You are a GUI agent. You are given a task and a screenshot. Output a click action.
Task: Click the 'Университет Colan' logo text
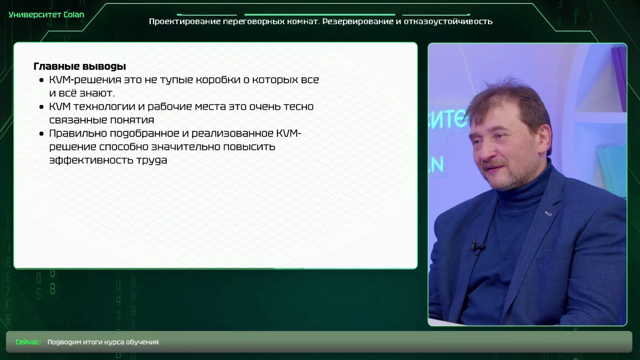(x=46, y=15)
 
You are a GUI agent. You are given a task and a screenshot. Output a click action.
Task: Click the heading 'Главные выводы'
(x=80, y=66)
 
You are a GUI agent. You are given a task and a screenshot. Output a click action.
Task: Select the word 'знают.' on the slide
(x=97, y=93)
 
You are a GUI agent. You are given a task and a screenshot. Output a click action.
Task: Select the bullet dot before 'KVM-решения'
(x=41, y=80)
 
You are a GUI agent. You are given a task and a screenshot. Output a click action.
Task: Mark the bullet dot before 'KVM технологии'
(x=41, y=107)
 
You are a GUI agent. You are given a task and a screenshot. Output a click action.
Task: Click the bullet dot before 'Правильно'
(x=41, y=134)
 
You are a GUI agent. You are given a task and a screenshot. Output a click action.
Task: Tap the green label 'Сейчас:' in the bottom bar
(x=28, y=342)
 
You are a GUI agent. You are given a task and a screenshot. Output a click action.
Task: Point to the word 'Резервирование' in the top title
(x=358, y=21)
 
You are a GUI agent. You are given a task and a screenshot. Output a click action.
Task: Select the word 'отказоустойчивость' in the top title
(x=448, y=21)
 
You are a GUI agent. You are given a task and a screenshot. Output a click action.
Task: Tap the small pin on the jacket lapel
(x=548, y=213)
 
